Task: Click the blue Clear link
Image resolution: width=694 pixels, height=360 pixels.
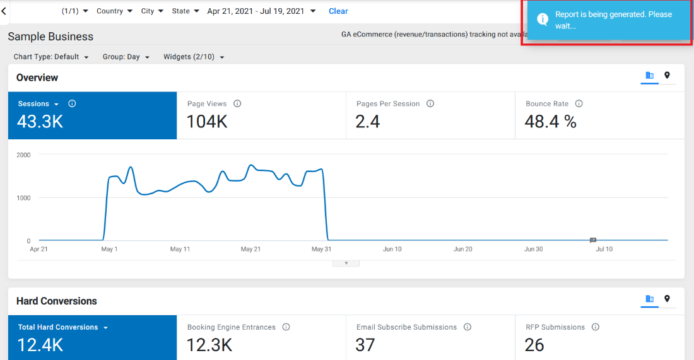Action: [x=338, y=11]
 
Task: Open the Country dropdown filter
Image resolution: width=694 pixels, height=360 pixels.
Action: [x=114, y=11]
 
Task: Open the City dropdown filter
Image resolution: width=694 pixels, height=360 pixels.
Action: [x=152, y=11]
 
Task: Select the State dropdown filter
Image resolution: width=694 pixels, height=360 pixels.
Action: [x=185, y=11]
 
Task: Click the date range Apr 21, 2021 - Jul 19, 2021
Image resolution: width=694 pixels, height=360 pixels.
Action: [x=256, y=11]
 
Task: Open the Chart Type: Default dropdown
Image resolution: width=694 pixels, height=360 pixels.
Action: [x=51, y=57]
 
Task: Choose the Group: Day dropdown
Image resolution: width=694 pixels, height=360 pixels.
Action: [x=126, y=57]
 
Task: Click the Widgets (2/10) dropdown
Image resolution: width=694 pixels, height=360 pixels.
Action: [x=194, y=57]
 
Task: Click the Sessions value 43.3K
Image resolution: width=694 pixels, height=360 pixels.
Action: [x=40, y=121]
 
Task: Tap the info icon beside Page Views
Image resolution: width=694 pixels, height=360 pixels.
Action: [x=237, y=103]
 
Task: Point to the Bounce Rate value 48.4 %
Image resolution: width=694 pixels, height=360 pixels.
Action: [x=550, y=121]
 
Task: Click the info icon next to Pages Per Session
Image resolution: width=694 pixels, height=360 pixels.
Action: [x=430, y=103]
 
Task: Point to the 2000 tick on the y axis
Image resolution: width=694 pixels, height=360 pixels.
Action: [x=23, y=155]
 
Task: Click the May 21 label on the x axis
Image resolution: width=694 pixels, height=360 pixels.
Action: [x=250, y=249]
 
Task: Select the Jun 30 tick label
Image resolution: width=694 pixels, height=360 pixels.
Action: [x=533, y=249]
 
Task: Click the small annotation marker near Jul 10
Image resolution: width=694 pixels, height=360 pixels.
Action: [x=593, y=240]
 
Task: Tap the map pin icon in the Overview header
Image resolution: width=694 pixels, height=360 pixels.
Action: [x=667, y=75]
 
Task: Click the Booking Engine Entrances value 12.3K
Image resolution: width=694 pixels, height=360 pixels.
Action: [x=209, y=345]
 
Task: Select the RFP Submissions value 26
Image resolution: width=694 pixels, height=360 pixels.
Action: [x=534, y=345]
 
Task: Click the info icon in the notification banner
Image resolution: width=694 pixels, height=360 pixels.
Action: [x=542, y=19]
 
